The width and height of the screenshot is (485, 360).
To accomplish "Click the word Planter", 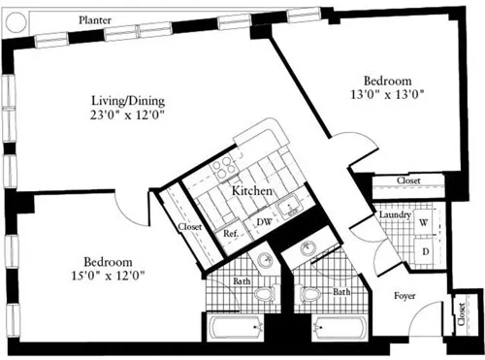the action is [x=95, y=20].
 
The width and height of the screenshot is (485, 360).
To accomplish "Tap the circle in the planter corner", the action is [x=16, y=22].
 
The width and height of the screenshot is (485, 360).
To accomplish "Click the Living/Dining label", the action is [x=128, y=101].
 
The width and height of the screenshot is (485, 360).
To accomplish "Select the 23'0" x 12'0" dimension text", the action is [x=128, y=115].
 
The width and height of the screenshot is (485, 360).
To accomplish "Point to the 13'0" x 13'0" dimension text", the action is [x=387, y=94].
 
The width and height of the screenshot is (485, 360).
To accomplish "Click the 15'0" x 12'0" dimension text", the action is [x=108, y=276].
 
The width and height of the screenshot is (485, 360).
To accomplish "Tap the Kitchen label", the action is [x=252, y=191].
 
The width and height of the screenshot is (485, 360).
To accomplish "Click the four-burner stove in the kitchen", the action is [x=223, y=167].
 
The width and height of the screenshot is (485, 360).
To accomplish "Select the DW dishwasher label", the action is [x=264, y=222].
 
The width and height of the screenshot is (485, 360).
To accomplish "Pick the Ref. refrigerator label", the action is [x=231, y=233].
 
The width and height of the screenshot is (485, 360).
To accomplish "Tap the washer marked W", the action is [x=424, y=222].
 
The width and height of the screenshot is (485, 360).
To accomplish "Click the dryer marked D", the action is [x=425, y=251].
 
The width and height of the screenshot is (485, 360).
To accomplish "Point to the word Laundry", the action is [x=395, y=214].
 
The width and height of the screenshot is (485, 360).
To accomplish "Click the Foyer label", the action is [x=404, y=296].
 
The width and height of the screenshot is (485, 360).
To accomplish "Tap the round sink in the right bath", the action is [x=307, y=249].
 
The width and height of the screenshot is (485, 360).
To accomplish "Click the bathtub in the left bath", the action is [x=236, y=328].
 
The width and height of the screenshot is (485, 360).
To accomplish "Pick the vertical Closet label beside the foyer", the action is [x=462, y=314].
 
